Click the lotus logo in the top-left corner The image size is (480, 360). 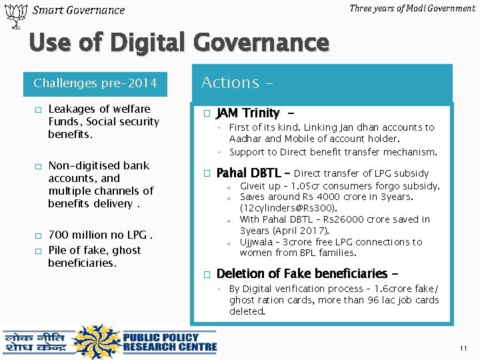click(x=13, y=16)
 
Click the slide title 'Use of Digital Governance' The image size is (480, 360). click(x=179, y=43)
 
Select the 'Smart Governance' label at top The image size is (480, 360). click(x=79, y=10)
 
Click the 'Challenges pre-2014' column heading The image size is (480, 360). click(x=95, y=83)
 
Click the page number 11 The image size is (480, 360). click(x=464, y=349)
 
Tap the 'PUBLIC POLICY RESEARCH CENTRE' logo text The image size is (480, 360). click(x=169, y=341)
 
